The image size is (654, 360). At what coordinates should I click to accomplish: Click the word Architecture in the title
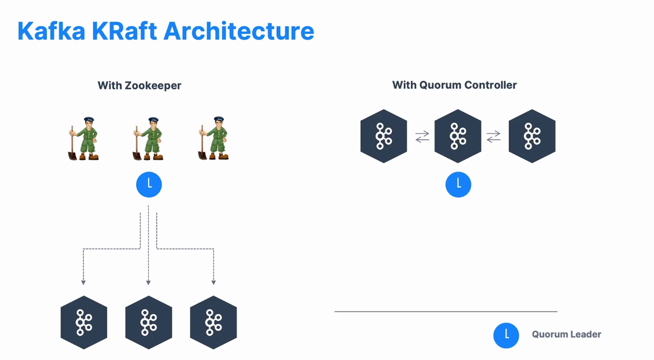click(x=239, y=31)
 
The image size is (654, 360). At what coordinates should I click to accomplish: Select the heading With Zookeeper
click(x=139, y=85)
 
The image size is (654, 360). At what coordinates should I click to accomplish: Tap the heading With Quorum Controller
click(x=455, y=85)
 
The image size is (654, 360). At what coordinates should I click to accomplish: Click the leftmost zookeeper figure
click(x=84, y=139)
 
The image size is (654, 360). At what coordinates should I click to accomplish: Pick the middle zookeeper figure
click(x=149, y=139)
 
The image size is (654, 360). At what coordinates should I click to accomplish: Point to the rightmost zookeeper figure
click(x=213, y=139)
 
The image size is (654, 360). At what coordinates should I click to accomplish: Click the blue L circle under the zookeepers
click(x=149, y=185)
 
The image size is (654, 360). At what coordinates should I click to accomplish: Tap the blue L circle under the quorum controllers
click(x=458, y=184)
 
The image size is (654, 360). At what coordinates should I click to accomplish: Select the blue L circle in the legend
click(x=506, y=335)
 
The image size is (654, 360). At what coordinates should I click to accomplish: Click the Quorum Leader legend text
click(x=567, y=334)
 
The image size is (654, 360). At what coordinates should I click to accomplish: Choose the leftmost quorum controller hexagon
click(x=384, y=136)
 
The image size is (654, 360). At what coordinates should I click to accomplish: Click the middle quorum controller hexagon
click(x=458, y=136)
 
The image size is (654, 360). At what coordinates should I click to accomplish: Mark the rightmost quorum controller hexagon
click(x=532, y=136)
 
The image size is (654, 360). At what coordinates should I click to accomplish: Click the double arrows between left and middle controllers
click(x=422, y=136)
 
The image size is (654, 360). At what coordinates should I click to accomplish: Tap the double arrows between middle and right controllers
click(x=494, y=136)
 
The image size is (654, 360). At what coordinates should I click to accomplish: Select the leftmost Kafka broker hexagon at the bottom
click(x=84, y=322)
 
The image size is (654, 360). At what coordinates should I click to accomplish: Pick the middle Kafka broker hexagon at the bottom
click(x=149, y=322)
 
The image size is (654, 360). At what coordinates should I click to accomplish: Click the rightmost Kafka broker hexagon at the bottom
click(x=213, y=322)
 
